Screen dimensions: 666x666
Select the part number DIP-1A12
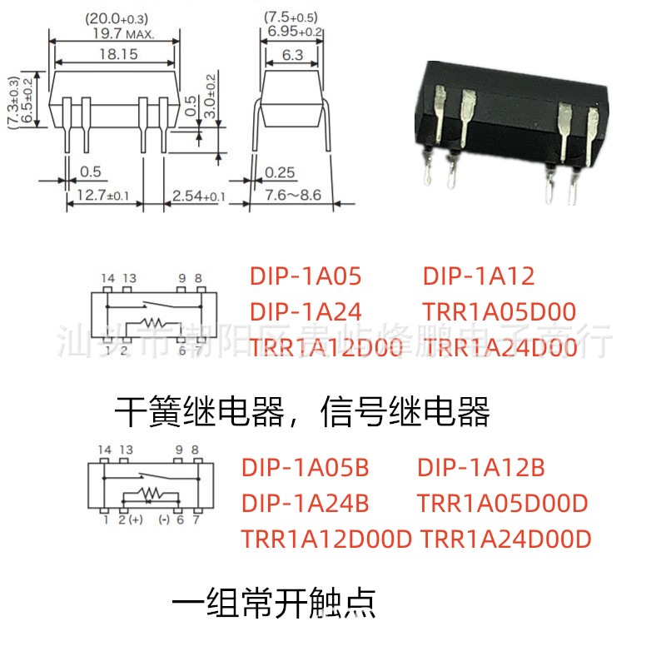tap(478, 276)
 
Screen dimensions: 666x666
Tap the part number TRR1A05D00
tap(499, 312)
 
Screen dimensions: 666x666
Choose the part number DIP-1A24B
tap(305, 504)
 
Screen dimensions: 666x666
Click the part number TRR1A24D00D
tap(506, 539)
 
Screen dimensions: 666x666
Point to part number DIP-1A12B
tap(480, 468)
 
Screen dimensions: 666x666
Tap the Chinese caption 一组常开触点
tap(274, 602)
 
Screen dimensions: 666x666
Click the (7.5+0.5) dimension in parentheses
tap(292, 17)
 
